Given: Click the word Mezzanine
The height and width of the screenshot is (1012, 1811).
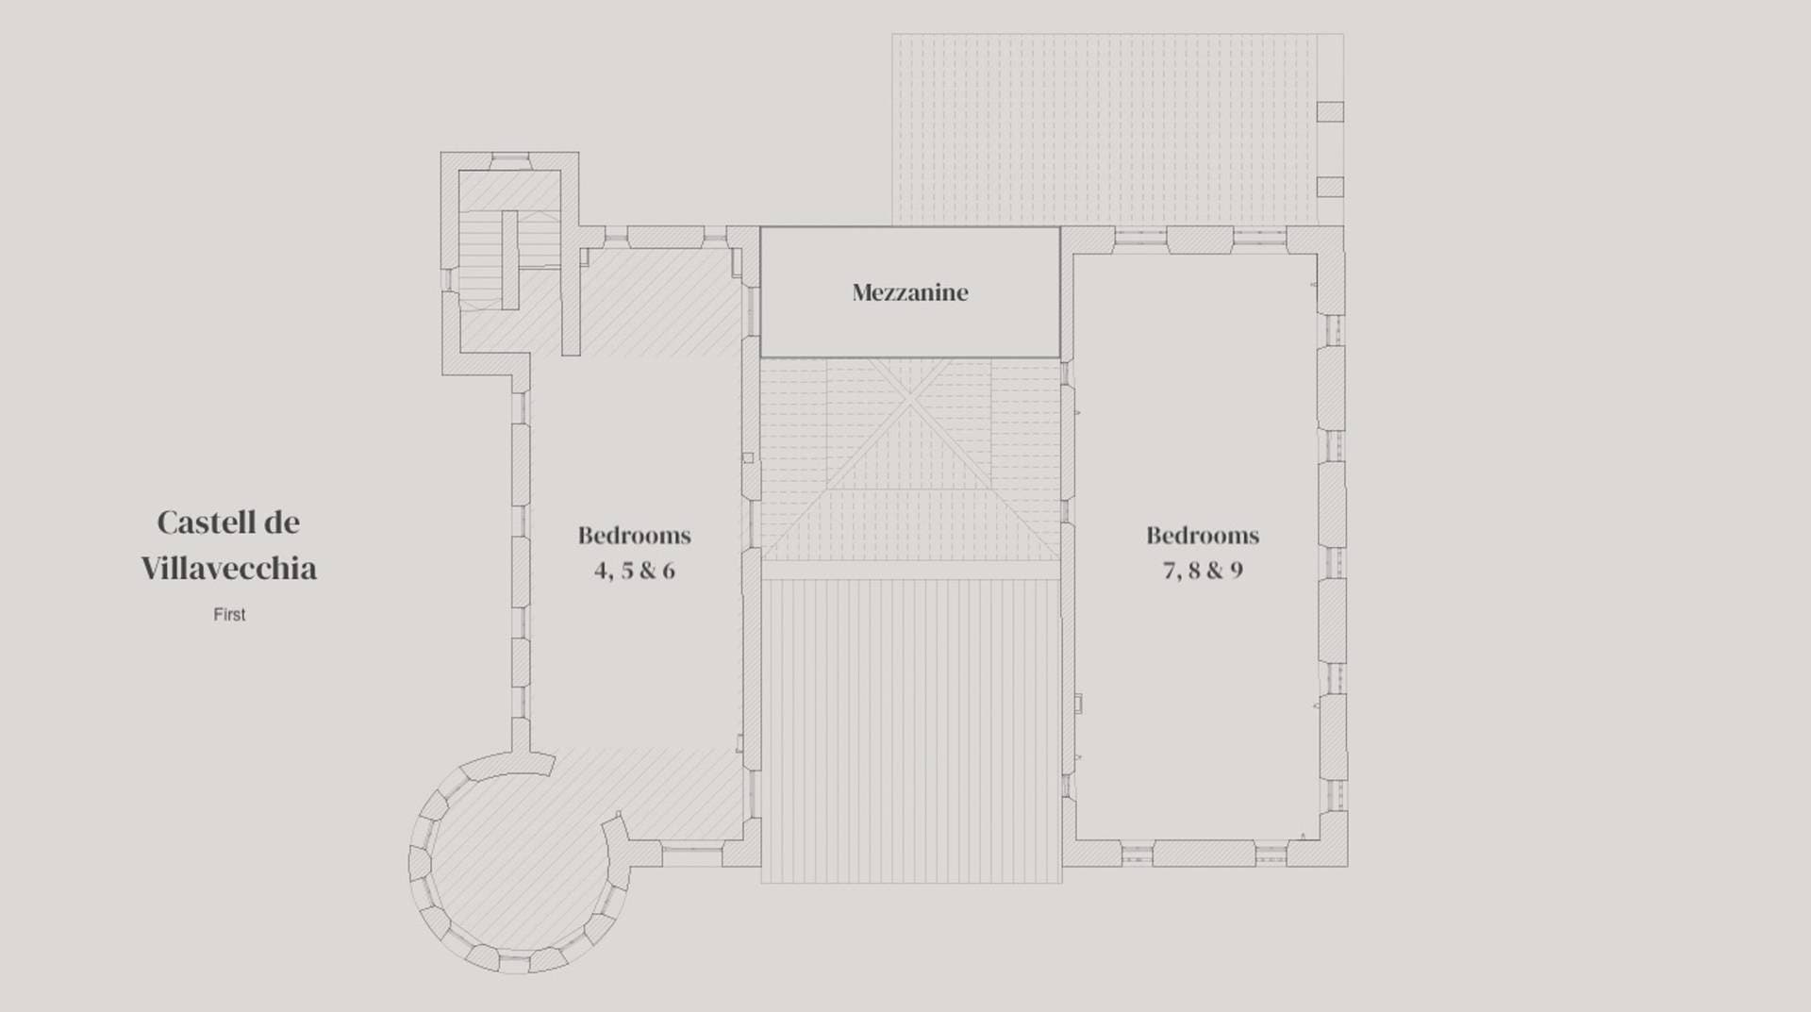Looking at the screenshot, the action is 910,292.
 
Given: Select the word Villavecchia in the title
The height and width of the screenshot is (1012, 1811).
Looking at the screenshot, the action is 229,568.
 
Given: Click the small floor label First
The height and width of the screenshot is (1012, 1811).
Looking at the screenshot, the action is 229,614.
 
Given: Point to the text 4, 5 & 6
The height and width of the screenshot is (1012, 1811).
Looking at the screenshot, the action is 635,571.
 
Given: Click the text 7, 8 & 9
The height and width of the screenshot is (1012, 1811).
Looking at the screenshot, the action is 1203,571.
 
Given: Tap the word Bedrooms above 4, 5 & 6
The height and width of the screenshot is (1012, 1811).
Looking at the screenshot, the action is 635,536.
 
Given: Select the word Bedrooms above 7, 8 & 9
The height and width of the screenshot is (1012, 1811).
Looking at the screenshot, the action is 1203,536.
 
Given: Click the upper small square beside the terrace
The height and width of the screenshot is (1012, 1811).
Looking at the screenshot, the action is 1330,111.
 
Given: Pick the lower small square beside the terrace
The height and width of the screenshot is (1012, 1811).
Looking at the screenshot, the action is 1330,187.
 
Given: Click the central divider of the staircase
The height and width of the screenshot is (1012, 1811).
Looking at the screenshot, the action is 509,259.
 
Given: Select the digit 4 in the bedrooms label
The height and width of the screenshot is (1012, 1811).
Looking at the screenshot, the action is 601,571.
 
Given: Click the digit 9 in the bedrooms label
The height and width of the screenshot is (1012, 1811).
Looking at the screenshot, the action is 1236,571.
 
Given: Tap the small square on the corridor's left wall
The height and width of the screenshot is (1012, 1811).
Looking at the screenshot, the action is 748,457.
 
